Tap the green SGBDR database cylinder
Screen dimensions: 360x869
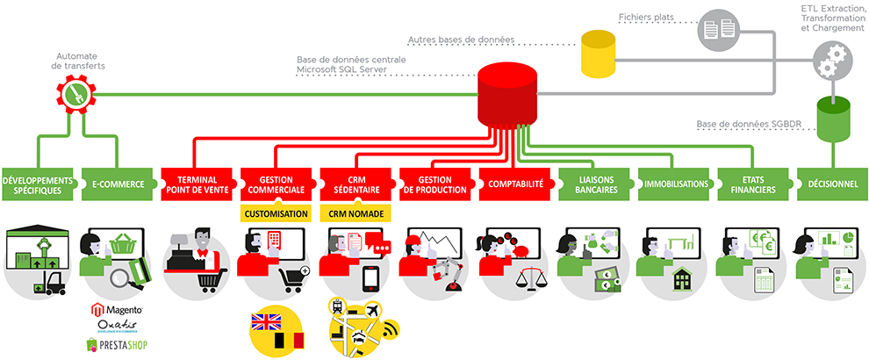point(834,119)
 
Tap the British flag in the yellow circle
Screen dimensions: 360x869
point(267,322)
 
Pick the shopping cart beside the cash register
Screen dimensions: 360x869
point(212,280)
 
